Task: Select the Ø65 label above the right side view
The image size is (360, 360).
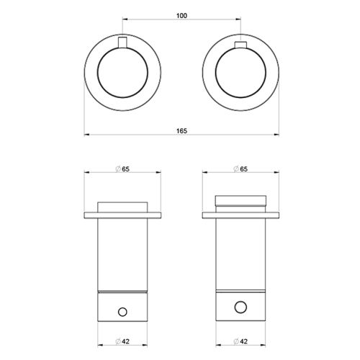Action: [240, 168]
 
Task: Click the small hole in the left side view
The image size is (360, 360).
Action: [122, 311]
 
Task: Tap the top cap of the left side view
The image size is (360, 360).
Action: [122, 206]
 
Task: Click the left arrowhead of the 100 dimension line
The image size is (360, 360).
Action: [124, 19]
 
